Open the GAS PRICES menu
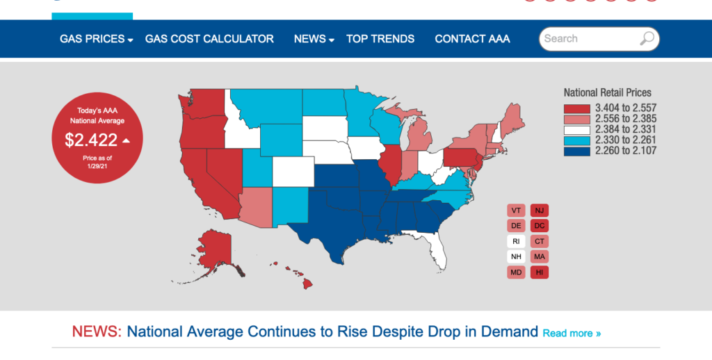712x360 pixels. [x=96, y=39]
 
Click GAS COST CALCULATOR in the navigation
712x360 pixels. [x=209, y=39]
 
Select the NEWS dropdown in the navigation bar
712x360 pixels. [x=314, y=39]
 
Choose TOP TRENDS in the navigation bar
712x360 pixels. [x=380, y=39]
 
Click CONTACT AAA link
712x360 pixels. [x=472, y=39]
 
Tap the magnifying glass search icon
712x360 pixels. [x=647, y=39]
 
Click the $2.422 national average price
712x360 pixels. [x=91, y=140]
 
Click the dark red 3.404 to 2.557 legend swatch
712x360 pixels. [x=576, y=108]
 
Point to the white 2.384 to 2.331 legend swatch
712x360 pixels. [x=576, y=129]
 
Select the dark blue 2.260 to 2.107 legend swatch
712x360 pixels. [x=576, y=151]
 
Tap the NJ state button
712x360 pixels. [x=540, y=211]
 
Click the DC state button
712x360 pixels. [x=540, y=226]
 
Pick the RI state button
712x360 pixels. [x=516, y=242]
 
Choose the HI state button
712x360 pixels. [x=540, y=272]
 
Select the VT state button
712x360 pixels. [x=516, y=211]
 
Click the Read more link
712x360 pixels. [x=572, y=334]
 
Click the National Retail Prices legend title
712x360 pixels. [x=607, y=92]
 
